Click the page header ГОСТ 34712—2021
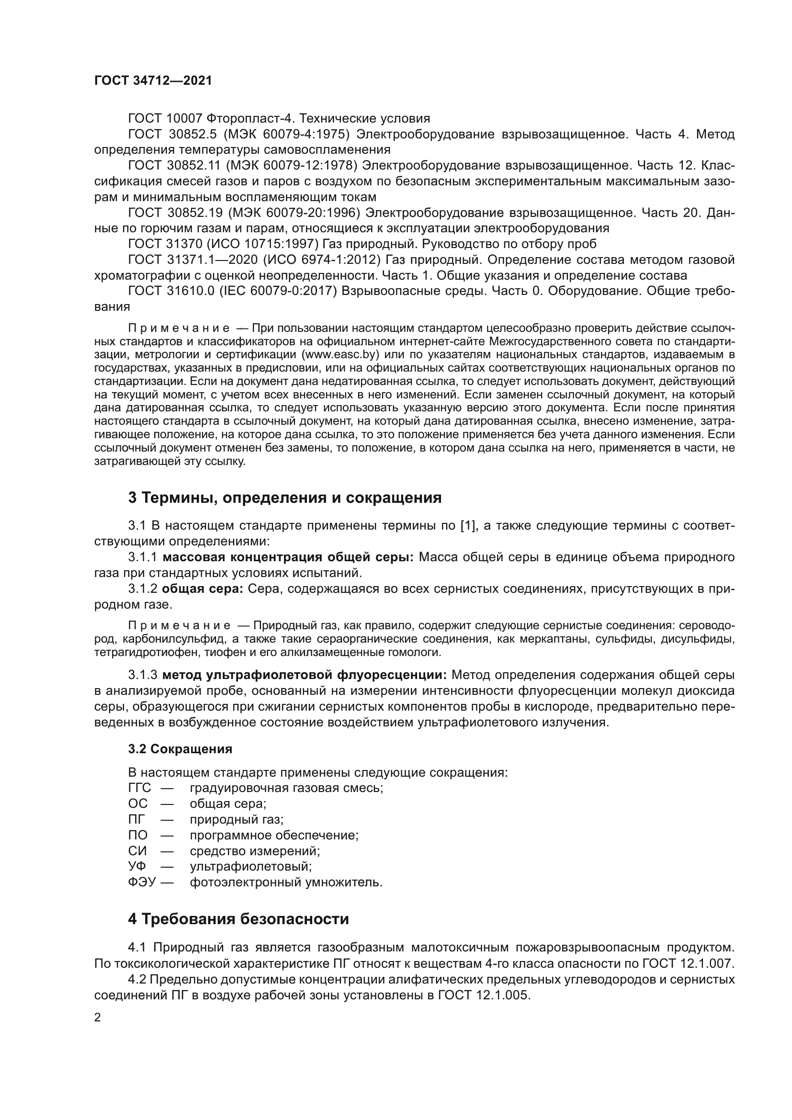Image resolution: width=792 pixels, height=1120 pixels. click(x=153, y=81)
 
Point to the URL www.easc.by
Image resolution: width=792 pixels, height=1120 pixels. click(x=340, y=354)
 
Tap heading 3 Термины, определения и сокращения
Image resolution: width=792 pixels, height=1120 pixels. click(x=285, y=498)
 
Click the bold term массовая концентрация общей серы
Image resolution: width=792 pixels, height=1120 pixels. click(x=288, y=557)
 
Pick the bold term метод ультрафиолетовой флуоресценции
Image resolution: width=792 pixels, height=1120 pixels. click(x=305, y=675)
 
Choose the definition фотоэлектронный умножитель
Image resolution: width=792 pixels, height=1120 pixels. click(x=286, y=882)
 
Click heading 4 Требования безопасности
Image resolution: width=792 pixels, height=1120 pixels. click(x=238, y=919)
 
